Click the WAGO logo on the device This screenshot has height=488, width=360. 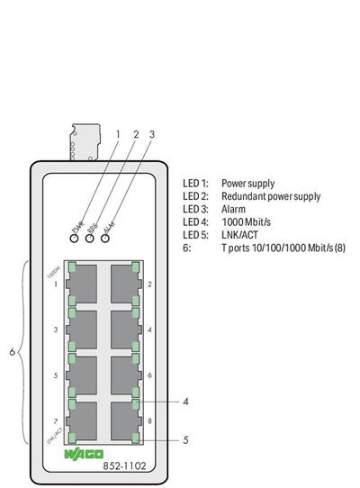(x=83, y=454)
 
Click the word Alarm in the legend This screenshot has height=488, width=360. (x=234, y=209)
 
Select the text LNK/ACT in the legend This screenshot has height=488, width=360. (x=239, y=235)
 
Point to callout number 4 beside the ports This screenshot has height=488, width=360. (x=184, y=402)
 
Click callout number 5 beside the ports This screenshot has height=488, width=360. (x=184, y=440)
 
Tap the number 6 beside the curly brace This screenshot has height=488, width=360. (x=12, y=352)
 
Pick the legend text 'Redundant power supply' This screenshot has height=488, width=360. (x=271, y=195)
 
